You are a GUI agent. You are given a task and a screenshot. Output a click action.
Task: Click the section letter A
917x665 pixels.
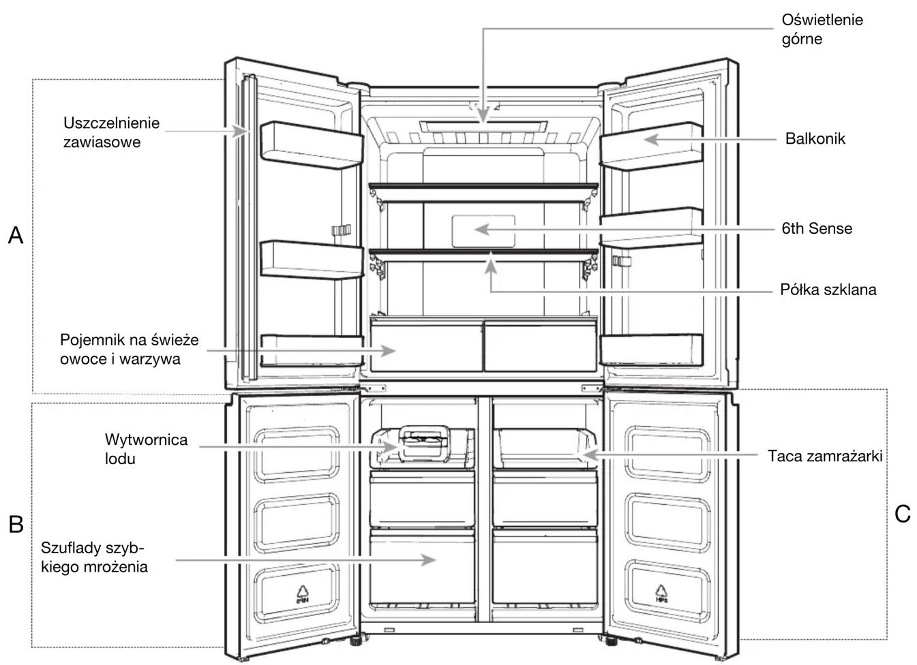tap(16, 235)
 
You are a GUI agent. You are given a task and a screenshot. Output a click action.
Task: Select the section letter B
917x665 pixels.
tap(16, 524)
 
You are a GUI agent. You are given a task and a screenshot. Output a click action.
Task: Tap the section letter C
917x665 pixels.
tap(902, 514)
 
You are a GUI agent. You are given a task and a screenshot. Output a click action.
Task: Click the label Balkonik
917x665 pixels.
tap(815, 139)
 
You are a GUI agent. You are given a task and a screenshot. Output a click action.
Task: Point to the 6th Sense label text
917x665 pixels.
tap(817, 228)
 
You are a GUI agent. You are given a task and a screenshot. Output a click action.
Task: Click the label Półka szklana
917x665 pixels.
tap(828, 290)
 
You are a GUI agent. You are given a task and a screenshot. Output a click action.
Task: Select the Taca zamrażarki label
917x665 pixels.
tap(825, 456)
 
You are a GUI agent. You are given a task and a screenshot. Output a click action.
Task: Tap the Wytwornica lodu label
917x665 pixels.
tap(146, 449)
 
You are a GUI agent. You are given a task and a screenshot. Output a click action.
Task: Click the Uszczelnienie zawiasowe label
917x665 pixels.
tap(111, 132)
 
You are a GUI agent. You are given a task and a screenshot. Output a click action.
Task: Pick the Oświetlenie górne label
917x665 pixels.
tap(822, 29)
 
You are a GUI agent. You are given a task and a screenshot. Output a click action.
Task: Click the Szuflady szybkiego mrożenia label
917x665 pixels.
tap(94, 557)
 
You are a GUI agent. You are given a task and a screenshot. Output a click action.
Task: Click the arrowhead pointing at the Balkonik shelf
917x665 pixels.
tap(652, 140)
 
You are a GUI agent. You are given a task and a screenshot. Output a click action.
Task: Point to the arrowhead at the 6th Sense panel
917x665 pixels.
tap(482, 230)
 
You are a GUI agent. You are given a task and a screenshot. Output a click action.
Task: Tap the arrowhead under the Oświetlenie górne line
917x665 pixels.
tap(483, 115)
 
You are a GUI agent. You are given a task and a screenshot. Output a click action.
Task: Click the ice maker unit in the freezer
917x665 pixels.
tap(424, 447)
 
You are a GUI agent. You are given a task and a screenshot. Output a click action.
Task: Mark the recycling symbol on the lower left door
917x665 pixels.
tap(303, 594)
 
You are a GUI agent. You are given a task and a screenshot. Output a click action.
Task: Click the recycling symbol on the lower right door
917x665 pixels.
tap(661, 593)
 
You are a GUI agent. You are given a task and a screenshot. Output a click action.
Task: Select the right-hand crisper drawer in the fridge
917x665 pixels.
tap(540, 346)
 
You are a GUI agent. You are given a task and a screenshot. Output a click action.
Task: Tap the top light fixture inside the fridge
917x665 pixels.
tap(483, 127)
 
